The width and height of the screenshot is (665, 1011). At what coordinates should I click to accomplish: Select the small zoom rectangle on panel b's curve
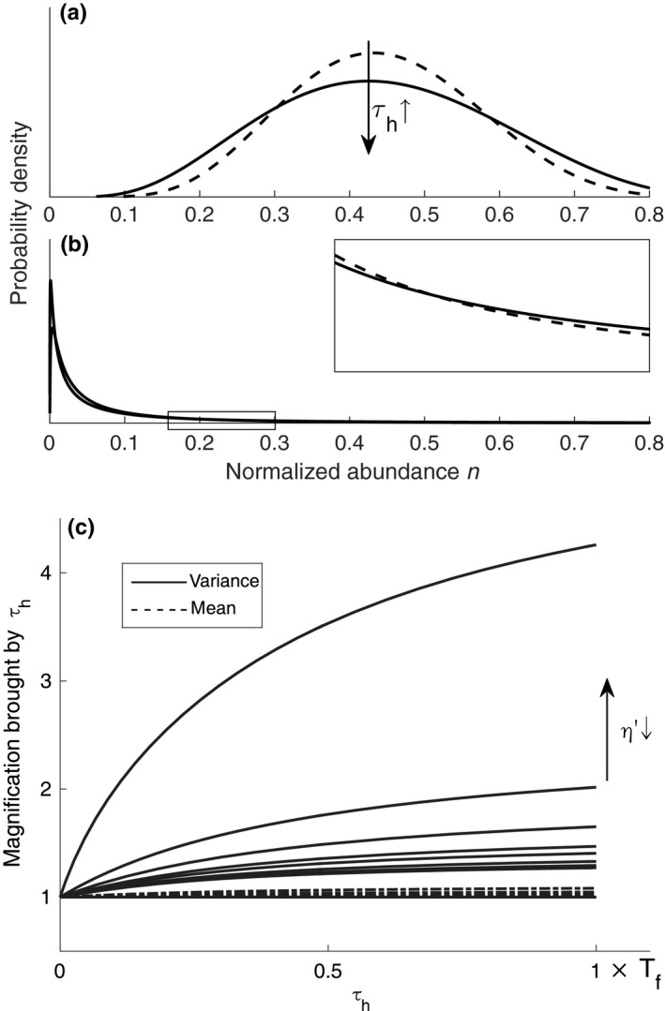[221, 420]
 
